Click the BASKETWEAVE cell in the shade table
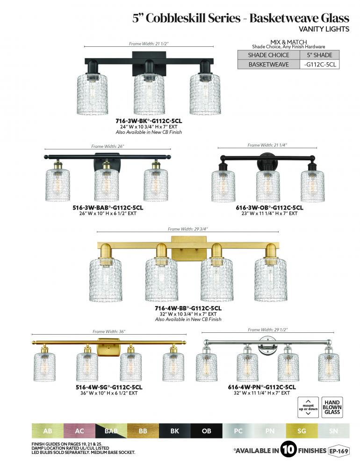point(268,65)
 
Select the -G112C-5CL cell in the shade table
point(320,65)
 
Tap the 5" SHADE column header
point(320,55)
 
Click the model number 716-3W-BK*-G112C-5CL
point(149,121)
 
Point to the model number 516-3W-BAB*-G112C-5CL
point(108,207)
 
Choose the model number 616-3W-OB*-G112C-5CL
point(269,207)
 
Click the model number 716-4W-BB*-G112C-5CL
point(188,308)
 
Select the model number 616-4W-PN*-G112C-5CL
point(262,387)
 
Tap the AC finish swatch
point(79,431)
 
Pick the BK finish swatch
point(175,431)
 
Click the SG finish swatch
point(302,431)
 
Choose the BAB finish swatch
point(111,431)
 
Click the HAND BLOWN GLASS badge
point(332,407)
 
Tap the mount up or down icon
point(308,407)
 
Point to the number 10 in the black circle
point(288,449)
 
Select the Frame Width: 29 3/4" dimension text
point(187,229)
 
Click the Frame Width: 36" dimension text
point(109,331)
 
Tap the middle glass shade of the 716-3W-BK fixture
point(149,94)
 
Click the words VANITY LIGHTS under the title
point(324,29)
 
